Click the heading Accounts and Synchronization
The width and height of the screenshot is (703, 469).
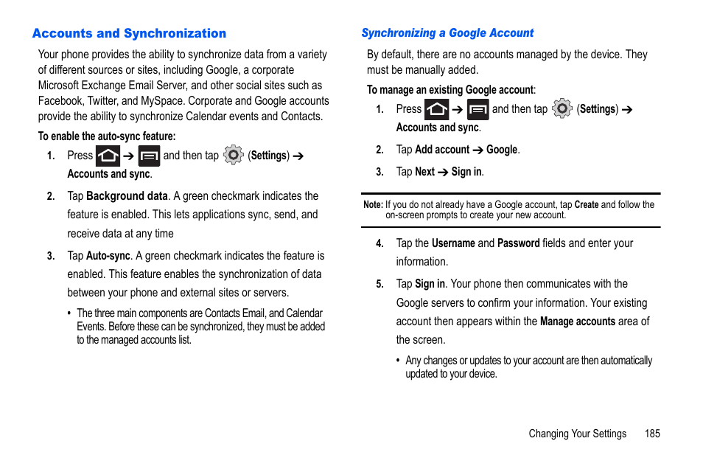(x=129, y=33)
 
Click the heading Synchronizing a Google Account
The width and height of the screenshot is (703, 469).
(x=447, y=33)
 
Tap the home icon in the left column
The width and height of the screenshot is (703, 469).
(x=108, y=156)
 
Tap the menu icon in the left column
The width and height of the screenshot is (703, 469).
(x=149, y=156)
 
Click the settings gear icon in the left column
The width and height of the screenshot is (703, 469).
(x=233, y=155)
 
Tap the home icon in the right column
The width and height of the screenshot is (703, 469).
(x=436, y=109)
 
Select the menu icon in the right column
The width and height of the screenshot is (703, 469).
(x=478, y=109)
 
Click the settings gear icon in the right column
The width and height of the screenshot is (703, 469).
(x=562, y=108)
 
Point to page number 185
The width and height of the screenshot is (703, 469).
(x=651, y=434)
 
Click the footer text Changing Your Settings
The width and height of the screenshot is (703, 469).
(x=577, y=434)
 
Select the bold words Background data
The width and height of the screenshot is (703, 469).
(x=127, y=196)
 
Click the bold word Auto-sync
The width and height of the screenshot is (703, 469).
(x=108, y=256)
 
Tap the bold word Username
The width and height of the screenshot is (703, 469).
(x=453, y=243)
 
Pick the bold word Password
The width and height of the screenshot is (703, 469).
(x=518, y=243)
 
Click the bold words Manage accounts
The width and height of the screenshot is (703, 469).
(x=577, y=322)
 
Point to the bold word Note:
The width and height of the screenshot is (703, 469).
(x=373, y=205)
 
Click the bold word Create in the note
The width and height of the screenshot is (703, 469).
(x=586, y=205)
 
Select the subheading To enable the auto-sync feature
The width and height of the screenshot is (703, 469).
(x=107, y=136)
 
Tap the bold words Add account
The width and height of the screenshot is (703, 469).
(x=442, y=150)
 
